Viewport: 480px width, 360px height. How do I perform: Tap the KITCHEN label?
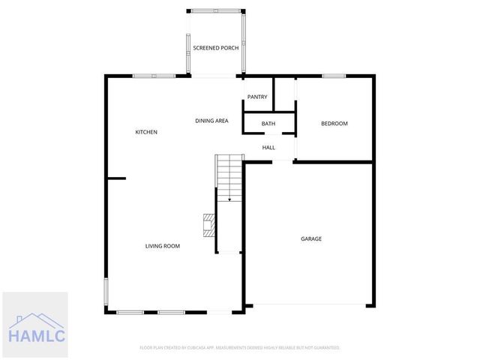[x=146, y=132]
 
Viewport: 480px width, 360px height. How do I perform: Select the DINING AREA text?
[x=211, y=120]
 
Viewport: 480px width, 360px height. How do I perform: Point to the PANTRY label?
[x=257, y=97]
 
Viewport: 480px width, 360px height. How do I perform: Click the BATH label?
[x=268, y=124]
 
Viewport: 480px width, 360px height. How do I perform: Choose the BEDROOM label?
[x=334, y=124]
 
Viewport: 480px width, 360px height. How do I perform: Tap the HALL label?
[x=268, y=147]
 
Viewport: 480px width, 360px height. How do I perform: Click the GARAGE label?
[x=311, y=238]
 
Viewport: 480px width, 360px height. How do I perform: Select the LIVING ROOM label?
[x=162, y=246]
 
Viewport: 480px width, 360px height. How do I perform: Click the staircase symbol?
[x=229, y=177]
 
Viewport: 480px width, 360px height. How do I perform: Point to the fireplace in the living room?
[x=208, y=223]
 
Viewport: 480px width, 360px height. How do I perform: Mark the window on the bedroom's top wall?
[x=334, y=75]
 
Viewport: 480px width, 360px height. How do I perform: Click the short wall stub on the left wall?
[x=115, y=178]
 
